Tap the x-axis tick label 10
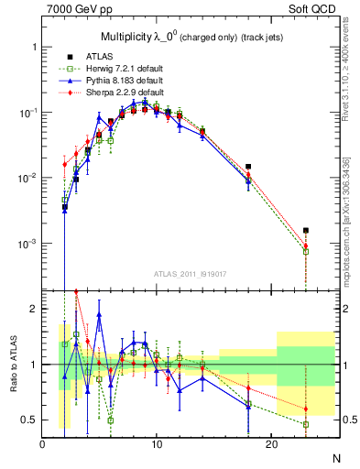tap(157, 444)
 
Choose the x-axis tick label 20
tap(271, 444)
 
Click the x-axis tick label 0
tap(42, 444)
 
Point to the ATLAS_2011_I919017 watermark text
tap(191, 273)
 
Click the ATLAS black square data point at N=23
tap(305, 230)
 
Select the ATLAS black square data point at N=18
tap(248, 167)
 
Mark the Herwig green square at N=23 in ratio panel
tap(305, 424)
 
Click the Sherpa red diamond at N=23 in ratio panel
tap(305, 409)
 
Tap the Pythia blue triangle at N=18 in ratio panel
tap(248, 406)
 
